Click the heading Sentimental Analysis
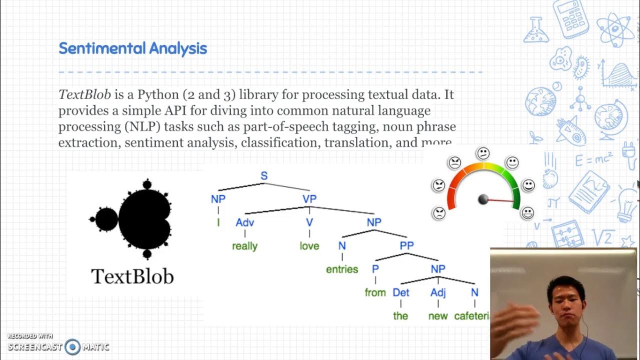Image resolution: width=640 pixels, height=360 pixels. (x=132, y=48)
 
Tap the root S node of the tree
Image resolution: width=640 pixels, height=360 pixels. (x=264, y=175)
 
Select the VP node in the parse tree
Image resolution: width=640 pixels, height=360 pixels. (x=309, y=199)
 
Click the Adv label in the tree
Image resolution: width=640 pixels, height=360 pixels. (x=245, y=222)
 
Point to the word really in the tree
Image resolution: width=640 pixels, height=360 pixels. (x=244, y=246)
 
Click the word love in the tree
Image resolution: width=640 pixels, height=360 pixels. (x=309, y=246)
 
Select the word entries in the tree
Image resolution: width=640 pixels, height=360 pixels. (x=342, y=269)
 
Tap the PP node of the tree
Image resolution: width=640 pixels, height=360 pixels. (x=406, y=246)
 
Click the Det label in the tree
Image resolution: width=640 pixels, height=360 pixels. (x=401, y=292)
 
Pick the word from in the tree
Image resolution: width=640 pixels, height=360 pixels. (x=375, y=292)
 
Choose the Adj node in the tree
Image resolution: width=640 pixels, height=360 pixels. (x=438, y=292)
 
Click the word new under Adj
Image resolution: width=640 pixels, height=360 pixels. (x=438, y=316)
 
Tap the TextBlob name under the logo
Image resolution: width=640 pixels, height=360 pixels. (x=132, y=276)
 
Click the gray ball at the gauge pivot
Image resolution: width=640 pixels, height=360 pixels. (x=483, y=199)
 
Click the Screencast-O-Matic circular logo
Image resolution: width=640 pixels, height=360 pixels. (x=72, y=346)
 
